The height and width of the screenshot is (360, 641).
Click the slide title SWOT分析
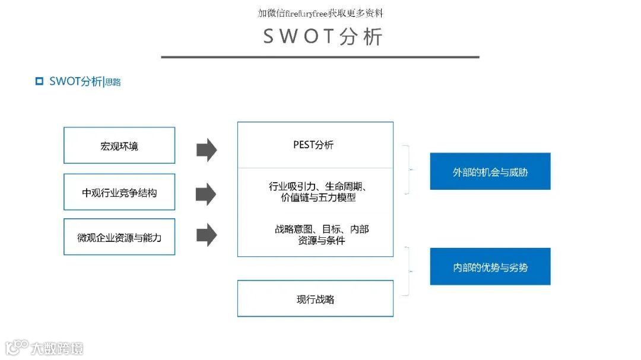[x=323, y=36]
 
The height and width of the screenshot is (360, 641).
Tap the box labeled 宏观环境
[x=119, y=145]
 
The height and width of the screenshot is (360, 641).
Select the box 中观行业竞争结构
[x=119, y=192]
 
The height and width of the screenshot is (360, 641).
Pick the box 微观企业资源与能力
[x=119, y=237]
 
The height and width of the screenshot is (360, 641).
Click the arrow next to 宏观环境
[x=207, y=149]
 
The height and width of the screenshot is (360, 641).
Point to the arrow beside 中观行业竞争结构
[x=207, y=193]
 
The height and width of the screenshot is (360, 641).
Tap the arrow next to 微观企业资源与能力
[x=207, y=235]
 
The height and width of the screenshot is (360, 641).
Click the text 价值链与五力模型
[x=318, y=197]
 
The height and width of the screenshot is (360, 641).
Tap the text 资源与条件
[x=322, y=241]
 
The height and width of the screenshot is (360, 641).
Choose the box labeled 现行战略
[x=315, y=299]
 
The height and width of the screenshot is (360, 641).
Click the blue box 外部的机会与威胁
[x=490, y=172]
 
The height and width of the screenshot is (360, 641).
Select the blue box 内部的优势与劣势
[x=490, y=267]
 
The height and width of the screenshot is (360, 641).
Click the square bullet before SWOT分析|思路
[x=40, y=81]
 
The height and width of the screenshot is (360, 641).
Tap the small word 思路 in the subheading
[x=113, y=82]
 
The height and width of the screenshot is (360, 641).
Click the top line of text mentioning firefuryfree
[x=320, y=13]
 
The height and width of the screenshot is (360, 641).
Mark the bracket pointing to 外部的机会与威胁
[x=408, y=170]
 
